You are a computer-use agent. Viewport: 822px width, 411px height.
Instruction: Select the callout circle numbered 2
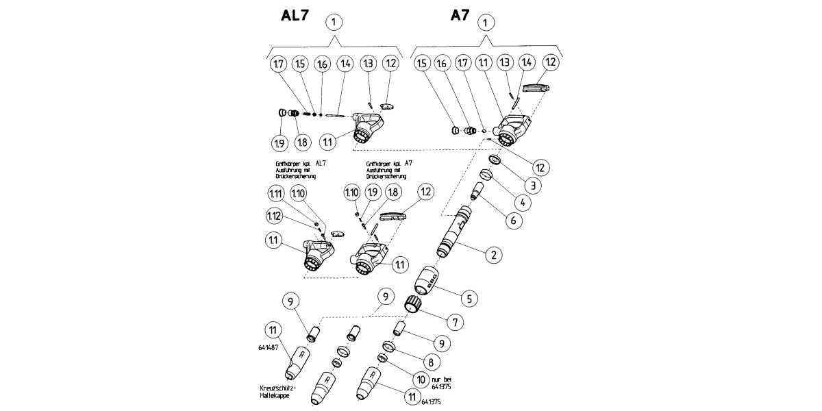(x=491, y=256)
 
